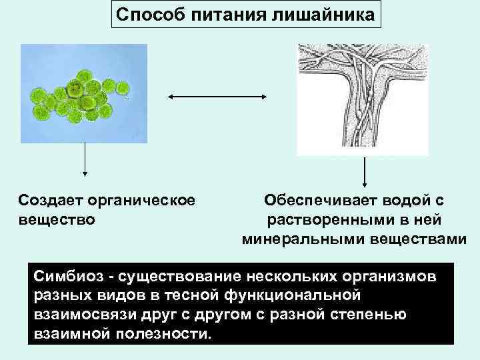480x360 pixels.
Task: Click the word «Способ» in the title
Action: tap(149, 14)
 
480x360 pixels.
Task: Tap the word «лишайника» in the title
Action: tap(325, 14)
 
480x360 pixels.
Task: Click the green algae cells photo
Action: tap(84, 93)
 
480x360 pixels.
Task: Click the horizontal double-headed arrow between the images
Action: tap(217, 97)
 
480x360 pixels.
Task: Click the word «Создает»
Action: tap(53, 200)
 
